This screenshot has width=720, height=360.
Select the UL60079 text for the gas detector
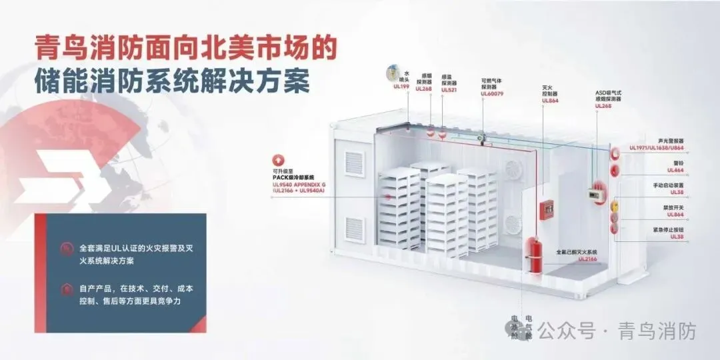[x=492, y=93]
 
